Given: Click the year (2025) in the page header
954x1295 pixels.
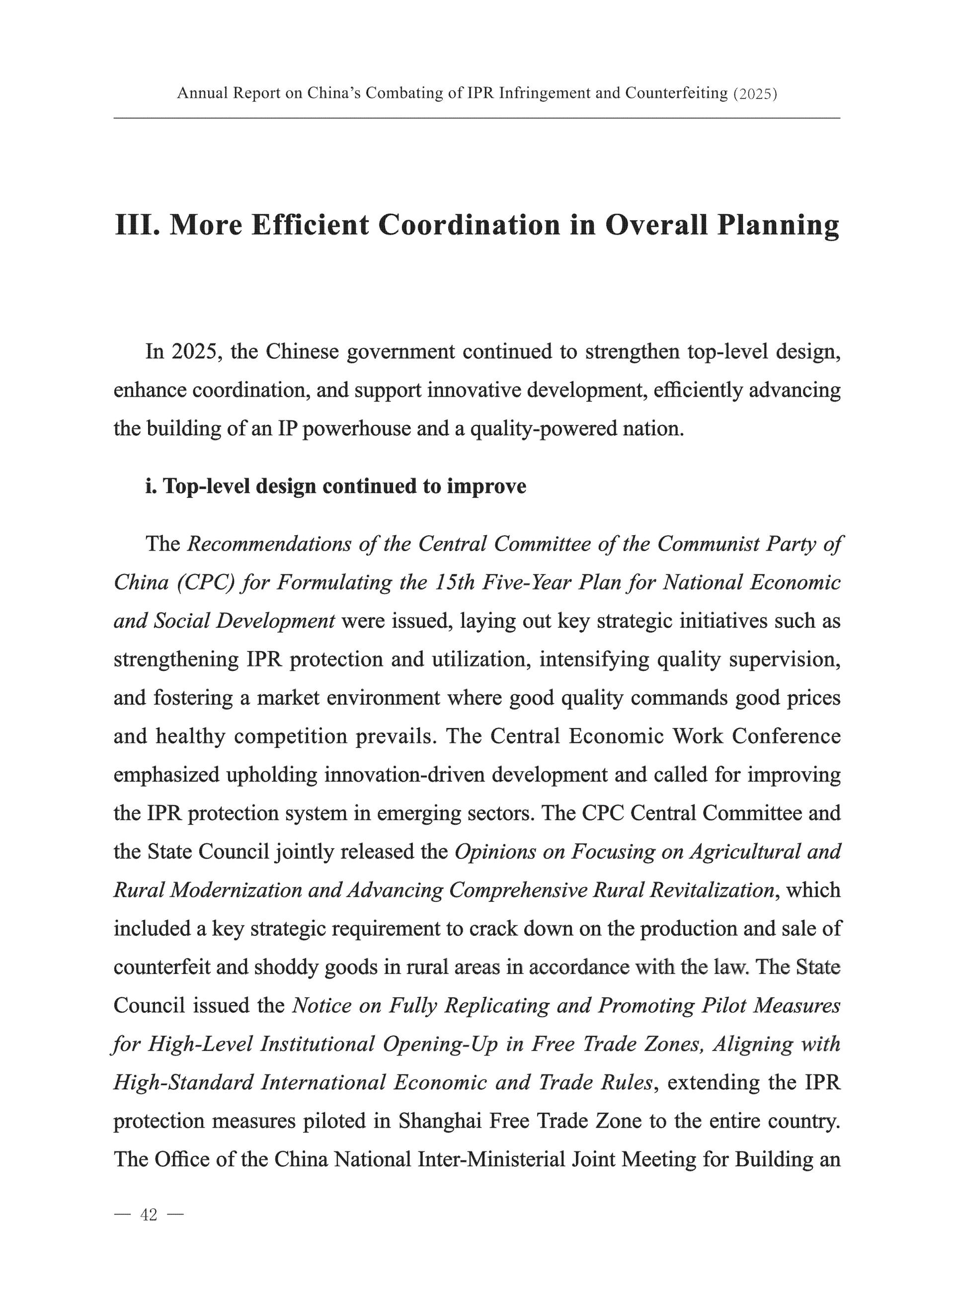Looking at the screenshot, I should point(754,93).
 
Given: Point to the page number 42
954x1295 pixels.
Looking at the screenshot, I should point(149,1215).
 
